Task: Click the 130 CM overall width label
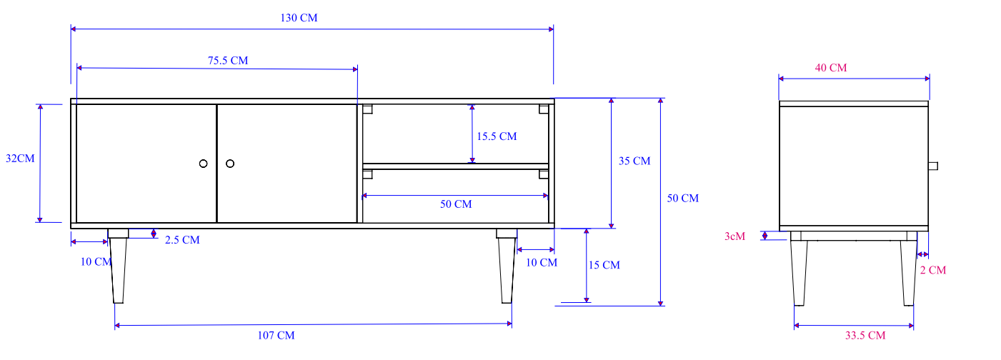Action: pyautogui.click(x=299, y=18)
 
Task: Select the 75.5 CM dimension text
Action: pyautogui.click(x=228, y=61)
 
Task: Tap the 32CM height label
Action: pyautogui.click(x=20, y=159)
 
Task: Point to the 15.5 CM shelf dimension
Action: pyautogui.click(x=496, y=136)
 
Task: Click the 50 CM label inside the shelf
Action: pyautogui.click(x=455, y=204)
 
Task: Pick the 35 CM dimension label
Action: pyautogui.click(x=634, y=161)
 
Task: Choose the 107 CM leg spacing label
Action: pyautogui.click(x=276, y=335)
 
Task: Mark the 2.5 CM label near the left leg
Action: pyautogui.click(x=182, y=240)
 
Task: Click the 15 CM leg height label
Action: pyautogui.click(x=604, y=265)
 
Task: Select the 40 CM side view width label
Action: pyautogui.click(x=830, y=68)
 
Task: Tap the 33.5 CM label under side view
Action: pyautogui.click(x=865, y=335)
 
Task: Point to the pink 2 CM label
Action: pyautogui.click(x=932, y=270)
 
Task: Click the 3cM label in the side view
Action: pyautogui.click(x=735, y=236)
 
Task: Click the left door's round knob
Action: pyautogui.click(x=203, y=164)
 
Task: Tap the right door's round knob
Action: pyautogui.click(x=230, y=164)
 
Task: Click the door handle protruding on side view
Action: pyautogui.click(x=933, y=166)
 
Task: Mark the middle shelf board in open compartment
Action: pyautogui.click(x=455, y=166)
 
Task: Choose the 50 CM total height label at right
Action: pyautogui.click(x=682, y=198)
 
